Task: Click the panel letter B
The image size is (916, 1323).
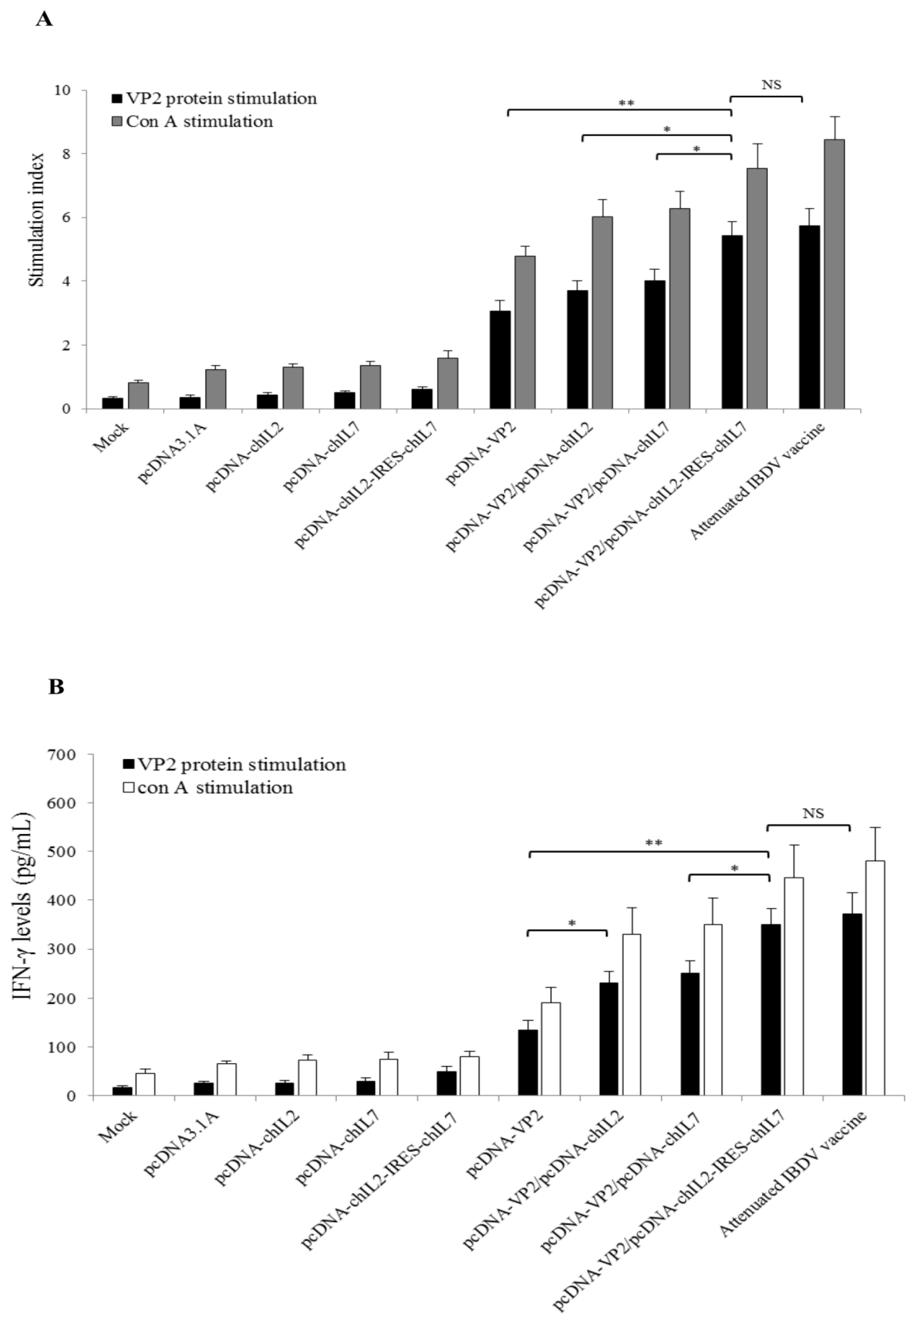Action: [56, 687]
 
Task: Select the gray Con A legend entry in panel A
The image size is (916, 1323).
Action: [192, 122]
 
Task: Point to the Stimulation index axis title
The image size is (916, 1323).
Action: [37, 220]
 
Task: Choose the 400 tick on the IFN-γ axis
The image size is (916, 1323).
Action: [63, 900]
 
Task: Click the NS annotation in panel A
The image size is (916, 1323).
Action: [771, 85]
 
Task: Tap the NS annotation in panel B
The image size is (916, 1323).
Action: [813, 813]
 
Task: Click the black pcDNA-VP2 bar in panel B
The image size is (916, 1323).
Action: [528, 1062]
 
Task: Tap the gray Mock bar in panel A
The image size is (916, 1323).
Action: [138, 396]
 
